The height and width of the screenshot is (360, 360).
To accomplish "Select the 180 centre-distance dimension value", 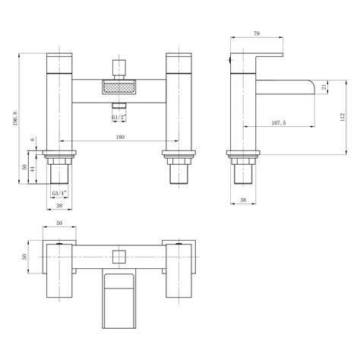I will pos(121,137).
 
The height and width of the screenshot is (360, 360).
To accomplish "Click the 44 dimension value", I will pos(33,172).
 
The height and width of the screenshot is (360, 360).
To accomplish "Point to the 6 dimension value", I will pos(33,141).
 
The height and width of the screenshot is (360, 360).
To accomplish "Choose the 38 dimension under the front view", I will pos(59,205).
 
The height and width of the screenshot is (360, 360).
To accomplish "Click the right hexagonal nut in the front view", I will pos(179,160).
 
